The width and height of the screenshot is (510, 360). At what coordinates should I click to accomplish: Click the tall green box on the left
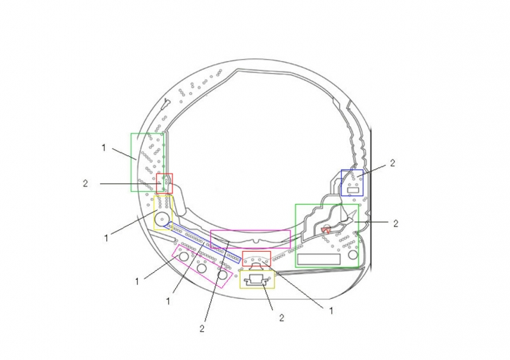pos(132,162)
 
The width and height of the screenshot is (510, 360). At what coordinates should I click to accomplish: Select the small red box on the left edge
pos(157,184)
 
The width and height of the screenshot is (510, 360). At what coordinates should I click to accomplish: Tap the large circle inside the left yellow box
pos(162,219)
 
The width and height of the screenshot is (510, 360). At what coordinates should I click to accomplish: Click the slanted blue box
pos(203,243)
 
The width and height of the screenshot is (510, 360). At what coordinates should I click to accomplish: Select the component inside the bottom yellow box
pos(257,281)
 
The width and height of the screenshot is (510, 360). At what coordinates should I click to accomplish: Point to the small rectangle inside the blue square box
pos(353,190)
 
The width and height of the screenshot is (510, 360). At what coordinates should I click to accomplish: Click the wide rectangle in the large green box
pos(319,259)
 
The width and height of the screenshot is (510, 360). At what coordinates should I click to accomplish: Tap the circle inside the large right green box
pos(353,255)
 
